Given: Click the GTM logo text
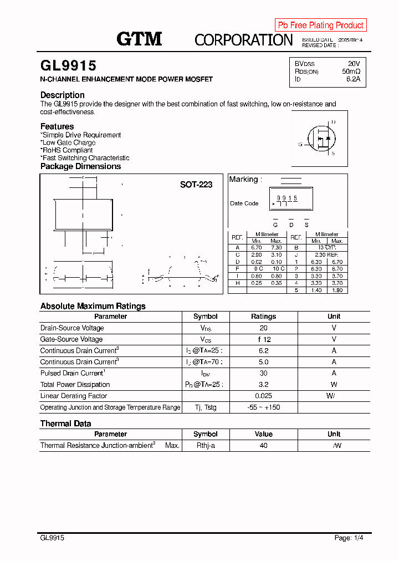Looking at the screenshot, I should (x=139, y=39).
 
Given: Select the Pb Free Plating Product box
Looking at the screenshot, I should (x=320, y=25).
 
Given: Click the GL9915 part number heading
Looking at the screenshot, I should (x=68, y=66).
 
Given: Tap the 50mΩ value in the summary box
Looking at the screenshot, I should (x=351, y=72).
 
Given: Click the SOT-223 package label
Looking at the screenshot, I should (x=196, y=185).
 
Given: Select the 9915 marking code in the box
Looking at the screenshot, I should (x=287, y=198).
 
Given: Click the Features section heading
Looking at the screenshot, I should (x=57, y=126).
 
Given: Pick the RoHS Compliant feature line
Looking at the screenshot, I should (x=67, y=150).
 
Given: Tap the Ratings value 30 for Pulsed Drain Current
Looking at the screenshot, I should (x=263, y=373).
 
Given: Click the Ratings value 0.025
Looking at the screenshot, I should (x=263, y=396).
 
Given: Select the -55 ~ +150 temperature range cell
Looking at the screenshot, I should (x=263, y=407).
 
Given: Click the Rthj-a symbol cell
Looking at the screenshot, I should (x=205, y=446).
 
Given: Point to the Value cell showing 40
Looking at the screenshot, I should (x=263, y=446).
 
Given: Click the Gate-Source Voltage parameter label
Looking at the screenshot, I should (x=71, y=339).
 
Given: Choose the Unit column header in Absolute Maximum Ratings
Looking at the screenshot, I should (x=334, y=317).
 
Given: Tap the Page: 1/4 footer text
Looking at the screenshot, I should (x=349, y=538).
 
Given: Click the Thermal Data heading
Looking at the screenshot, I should (x=65, y=424).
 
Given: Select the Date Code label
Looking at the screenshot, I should (x=244, y=203).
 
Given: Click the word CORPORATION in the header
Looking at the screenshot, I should (x=243, y=39).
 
